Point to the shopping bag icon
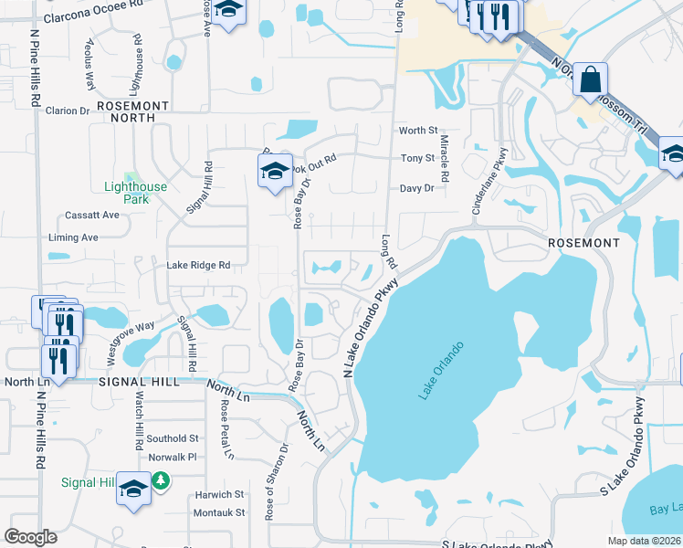click(591, 80)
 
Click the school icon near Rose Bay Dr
click(274, 171)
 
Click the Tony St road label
click(417, 159)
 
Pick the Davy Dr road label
click(416, 188)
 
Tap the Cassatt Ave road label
click(92, 216)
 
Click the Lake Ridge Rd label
click(197, 266)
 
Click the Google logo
click(30, 536)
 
